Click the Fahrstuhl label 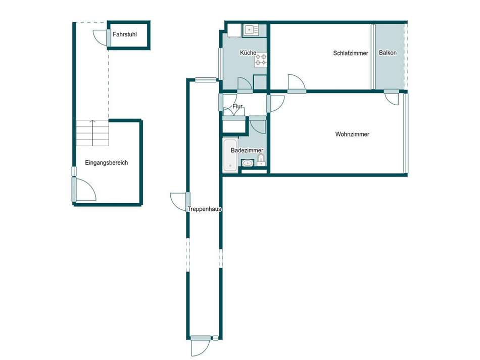click(125, 35)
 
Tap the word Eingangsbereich click(107, 163)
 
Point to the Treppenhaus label click(205, 209)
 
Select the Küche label click(248, 53)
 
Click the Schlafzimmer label click(351, 53)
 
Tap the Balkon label click(388, 53)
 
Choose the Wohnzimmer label click(352, 134)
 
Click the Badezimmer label click(247, 151)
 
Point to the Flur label click(237, 107)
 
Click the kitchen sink click(251, 31)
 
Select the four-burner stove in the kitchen click(261, 60)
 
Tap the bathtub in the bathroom click(229, 154)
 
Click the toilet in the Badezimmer click(261, 161)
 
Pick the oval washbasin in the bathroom click(248, 163)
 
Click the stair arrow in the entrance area click(92, 122)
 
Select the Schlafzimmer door click(296, 83)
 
